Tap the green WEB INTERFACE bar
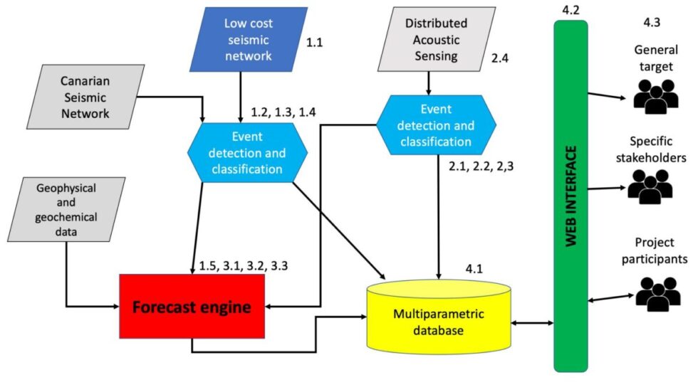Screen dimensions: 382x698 pos(571,196)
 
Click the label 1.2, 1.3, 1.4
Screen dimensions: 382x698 pos(283,112)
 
